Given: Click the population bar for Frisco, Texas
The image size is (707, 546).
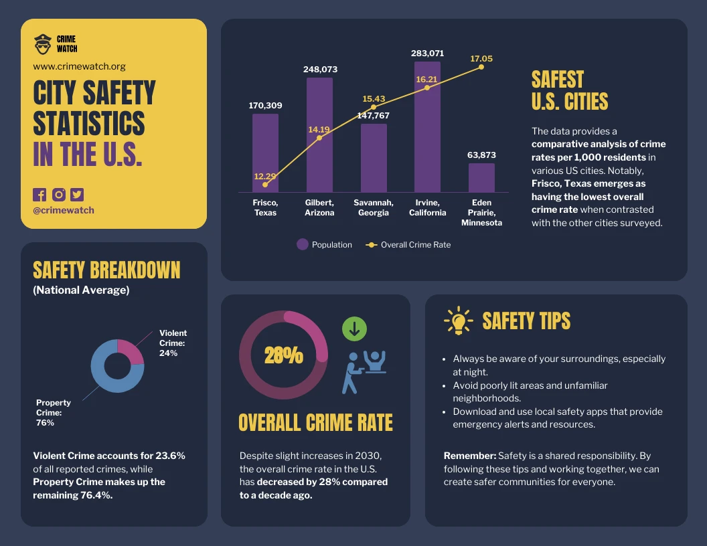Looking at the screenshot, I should pos(265,144).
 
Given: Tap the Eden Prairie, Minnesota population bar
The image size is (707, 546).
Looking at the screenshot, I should pos(481,178).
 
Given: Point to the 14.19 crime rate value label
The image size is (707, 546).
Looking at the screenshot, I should pos(319,129).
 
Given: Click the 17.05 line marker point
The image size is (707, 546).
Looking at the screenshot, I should pos(481,67).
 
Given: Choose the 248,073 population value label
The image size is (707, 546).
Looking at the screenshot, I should pos(319,69).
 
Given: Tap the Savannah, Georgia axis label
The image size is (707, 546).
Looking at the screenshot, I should pos(374,207).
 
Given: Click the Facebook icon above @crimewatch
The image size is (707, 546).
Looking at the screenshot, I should pos(40,195).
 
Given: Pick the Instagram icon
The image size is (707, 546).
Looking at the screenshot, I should pos(59,195).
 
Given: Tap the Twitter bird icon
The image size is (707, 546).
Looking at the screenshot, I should pos(78,195).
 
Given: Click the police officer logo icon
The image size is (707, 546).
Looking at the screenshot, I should pos(43,44).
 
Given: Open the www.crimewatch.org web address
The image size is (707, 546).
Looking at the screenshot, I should pos(79,67).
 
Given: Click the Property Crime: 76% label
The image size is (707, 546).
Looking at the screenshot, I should pos(54,413).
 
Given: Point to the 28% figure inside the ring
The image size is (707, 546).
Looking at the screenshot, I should pos(283,355).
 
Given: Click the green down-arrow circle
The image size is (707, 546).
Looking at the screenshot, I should pos(354,329).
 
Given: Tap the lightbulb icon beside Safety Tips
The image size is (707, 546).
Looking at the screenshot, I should pos(459,321).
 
